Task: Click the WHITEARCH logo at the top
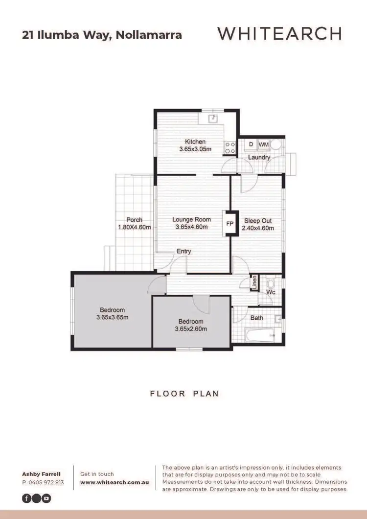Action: click(279, 34)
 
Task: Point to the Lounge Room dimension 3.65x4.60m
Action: click(191, 227)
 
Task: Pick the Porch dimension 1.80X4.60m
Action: click(134, 227)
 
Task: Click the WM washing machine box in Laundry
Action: click(263, 144)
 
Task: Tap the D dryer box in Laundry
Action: click(251, 144)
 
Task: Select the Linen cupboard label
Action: click(254, 283)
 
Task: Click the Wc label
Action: click(271, 292)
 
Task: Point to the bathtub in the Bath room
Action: click(260, 335)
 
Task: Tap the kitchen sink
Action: click(213, 118)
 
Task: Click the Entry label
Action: click(184, 251)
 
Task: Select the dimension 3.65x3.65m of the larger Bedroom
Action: click(113, 317)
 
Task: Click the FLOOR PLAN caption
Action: click(184, 393)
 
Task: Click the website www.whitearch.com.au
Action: click(115, 482)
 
